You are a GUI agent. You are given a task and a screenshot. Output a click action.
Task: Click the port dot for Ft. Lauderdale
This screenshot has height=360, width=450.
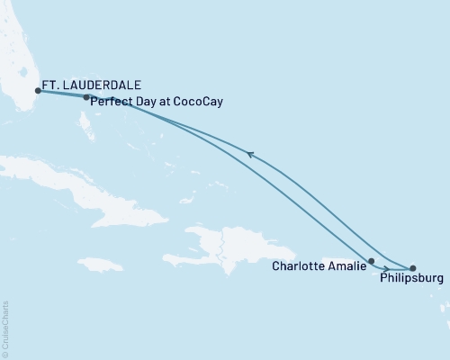(x=38, y=90)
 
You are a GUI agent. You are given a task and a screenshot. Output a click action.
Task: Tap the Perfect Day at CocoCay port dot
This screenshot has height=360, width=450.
(x=85, y=97)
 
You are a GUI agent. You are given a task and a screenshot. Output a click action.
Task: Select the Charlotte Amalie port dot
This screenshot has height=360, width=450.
(x=372, y=261)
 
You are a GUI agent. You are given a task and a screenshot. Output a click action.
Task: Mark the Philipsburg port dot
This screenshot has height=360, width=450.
(x=413, y=268)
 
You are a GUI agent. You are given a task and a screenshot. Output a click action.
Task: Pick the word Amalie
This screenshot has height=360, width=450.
(x=346, y=265)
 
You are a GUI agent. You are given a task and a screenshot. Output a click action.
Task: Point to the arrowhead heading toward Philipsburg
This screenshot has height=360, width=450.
(x=385, y=268)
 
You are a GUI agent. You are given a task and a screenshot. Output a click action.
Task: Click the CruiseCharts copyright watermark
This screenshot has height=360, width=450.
(x=6, y=328)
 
